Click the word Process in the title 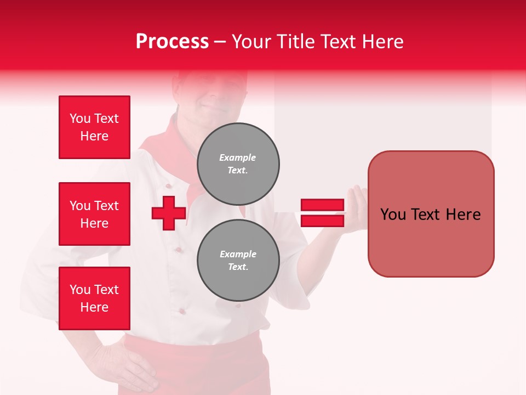[172, 42]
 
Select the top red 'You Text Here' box [94, 127]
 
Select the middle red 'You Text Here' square [94, 214]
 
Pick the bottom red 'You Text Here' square [94, 298]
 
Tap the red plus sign [169, 213]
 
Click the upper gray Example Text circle [238, 163]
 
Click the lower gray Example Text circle [238, 260]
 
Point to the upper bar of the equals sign [322, 205]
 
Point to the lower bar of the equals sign [322, 221]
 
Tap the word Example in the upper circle [238, 157]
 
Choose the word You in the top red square [80, 119]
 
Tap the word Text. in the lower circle [238, 267]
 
